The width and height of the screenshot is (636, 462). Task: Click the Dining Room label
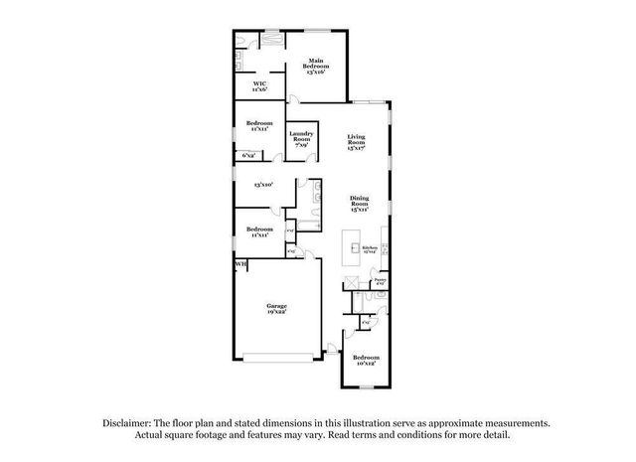coord(359,204)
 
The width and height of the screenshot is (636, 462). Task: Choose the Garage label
coord(276,308)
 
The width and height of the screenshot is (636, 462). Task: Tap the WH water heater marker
coord(239,264)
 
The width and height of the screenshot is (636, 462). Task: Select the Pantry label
coord(380,282)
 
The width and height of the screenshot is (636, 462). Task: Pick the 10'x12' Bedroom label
coord(365,359)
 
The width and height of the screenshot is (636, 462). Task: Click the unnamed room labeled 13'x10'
coord(262,185)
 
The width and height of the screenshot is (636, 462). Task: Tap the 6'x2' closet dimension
coord(248,155)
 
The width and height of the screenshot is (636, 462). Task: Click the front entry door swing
coord(332,344)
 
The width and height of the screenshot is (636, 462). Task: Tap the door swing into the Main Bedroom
coord(295,98)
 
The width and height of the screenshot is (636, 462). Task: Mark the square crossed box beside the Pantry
coord(352,284)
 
